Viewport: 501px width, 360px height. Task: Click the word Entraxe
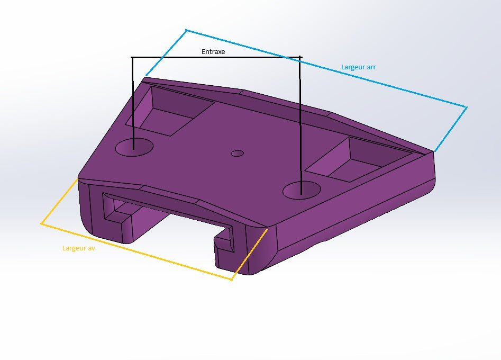[213, 52]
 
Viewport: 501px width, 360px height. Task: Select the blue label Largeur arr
[358, 67]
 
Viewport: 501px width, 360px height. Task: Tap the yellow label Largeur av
[78, 248]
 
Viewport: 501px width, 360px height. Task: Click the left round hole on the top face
[134, 147]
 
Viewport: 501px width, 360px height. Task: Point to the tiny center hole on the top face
[238, 154]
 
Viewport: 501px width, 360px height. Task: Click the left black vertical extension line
[132, 101]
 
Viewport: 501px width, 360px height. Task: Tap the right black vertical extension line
[300, 122]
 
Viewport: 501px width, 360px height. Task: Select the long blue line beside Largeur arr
[325, 68]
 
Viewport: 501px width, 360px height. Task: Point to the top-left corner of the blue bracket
[186, 30]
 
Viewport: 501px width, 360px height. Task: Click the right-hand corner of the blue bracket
[467, 107]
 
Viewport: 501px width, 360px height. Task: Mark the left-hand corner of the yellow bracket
[41, 224]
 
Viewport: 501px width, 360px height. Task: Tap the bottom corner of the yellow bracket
[231, 280]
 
